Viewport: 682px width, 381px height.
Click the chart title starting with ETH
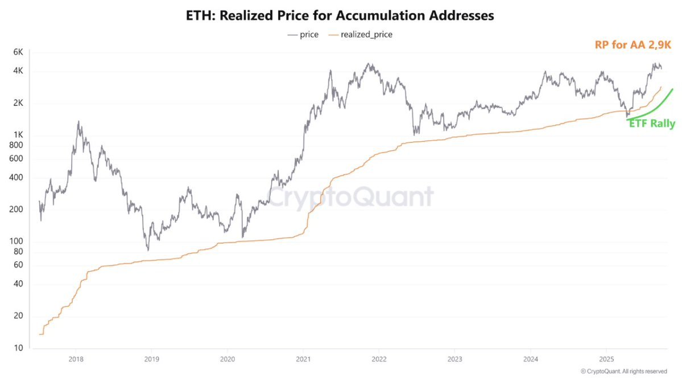click(340, 16)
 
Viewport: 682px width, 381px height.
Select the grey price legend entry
click(303, 35)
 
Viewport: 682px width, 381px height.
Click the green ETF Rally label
click(652, 124)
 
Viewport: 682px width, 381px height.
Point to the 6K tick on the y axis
click(18, 52)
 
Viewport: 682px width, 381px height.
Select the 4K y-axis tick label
click(18, 71)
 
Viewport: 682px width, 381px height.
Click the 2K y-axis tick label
click(18, 103)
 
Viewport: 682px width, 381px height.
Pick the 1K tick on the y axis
click(18, 135)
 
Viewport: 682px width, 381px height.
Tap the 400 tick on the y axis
click(16, 178)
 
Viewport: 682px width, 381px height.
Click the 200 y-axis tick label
click(16, 210)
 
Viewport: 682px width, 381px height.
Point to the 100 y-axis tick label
click(16, 241)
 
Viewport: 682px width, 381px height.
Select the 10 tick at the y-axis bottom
click(18, 348)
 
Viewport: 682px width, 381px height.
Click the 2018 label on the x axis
click(76, 360)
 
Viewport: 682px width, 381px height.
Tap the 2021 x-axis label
click(303, 360)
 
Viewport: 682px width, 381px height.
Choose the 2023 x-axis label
click(454, 360)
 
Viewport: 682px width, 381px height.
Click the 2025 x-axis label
click(606, 360)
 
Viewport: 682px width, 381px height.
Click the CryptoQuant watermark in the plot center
click(350, 197)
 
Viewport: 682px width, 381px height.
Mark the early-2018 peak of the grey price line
click(78, 121)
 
